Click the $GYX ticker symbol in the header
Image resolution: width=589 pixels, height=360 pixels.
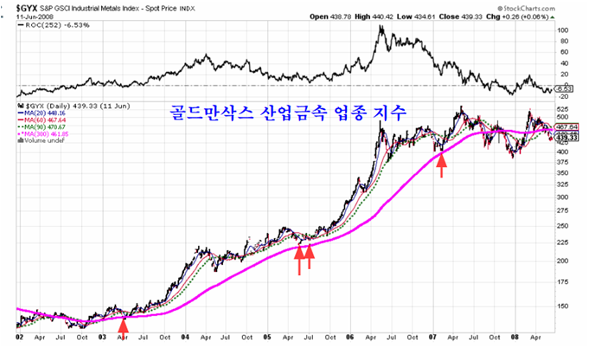(x=20, y=10)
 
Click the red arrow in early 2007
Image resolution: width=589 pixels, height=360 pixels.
(x=442, y=162)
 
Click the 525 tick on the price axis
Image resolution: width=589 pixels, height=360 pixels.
(x=561, y=109)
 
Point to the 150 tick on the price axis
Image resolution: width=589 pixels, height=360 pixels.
(x=561, y=305)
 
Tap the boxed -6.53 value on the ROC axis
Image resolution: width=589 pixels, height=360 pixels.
(x=566, y=89)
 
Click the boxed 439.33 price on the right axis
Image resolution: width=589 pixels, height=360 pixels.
(x=567, y=138)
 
